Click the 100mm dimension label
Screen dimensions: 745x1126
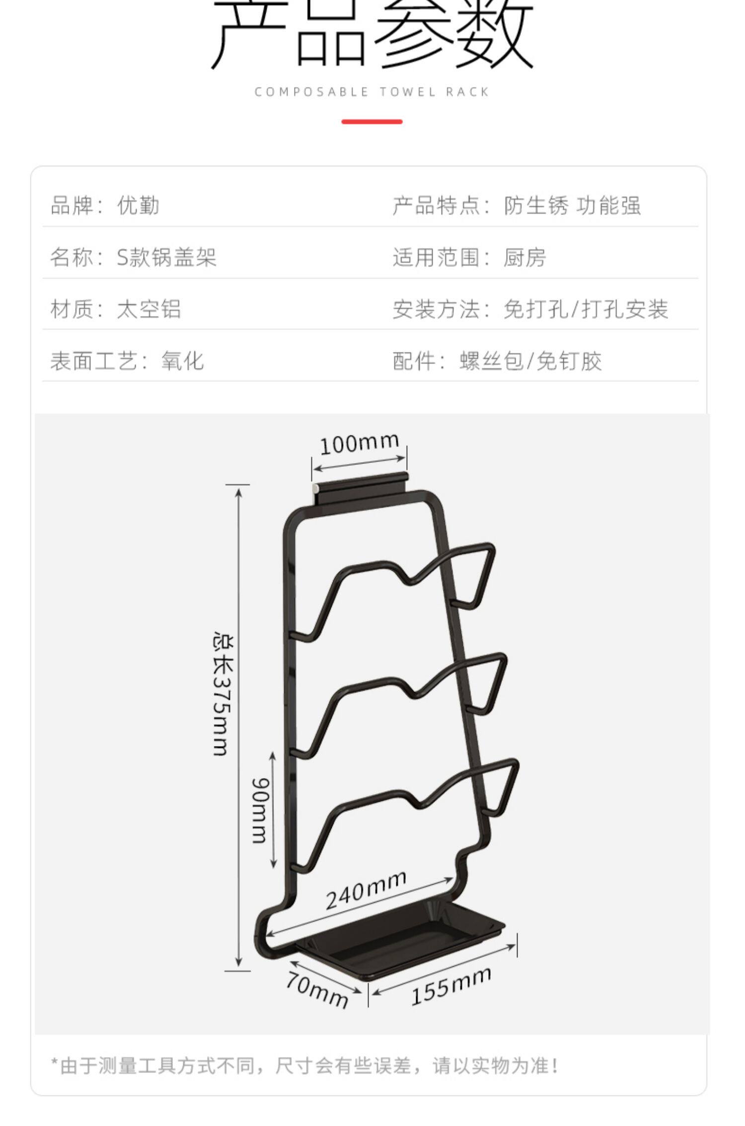pos(359,444)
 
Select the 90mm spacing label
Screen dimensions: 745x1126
pos(260,810)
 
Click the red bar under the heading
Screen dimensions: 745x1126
pos(372,122)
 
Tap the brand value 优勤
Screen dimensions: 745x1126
pos(138,206)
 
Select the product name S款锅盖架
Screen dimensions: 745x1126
pos(166,257)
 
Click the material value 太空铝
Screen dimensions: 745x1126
pos(149,309)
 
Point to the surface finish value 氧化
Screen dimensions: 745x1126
pos(182,361)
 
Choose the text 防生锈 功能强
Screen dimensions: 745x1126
pos(572,206)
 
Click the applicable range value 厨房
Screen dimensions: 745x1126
pos(524,257)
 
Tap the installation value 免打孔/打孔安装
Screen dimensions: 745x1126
pos(586,309)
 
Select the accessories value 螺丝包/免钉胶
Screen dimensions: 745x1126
pos(530,361)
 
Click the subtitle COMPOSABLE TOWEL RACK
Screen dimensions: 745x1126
pos(372,92)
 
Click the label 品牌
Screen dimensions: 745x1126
pos(73,206)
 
